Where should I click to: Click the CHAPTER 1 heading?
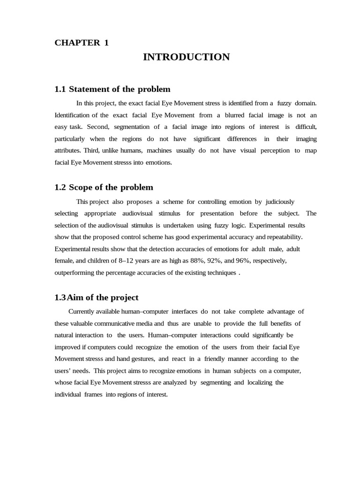coord(82,43)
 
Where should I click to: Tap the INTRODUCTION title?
coord(186,57)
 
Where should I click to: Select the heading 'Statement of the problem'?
coord(112,89)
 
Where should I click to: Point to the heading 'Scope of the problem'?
coord(104,187)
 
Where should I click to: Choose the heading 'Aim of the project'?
coord(97,298)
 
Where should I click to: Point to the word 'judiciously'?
coord(280,202)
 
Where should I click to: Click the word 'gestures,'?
coord(141,359)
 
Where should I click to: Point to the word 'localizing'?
coord(260,382)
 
